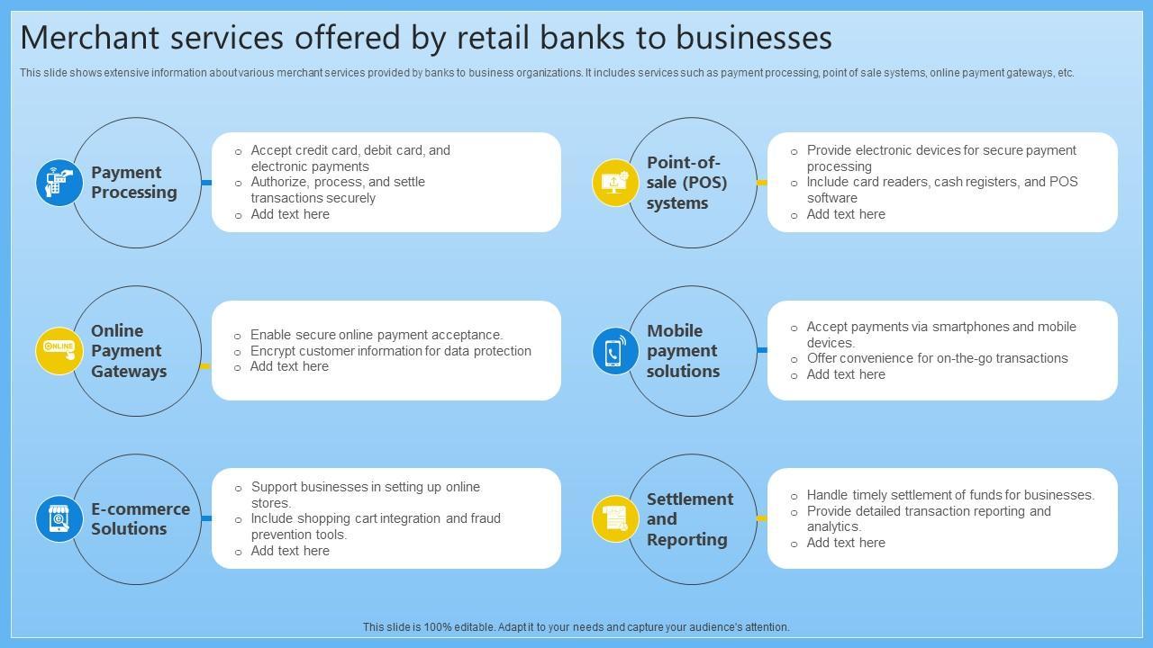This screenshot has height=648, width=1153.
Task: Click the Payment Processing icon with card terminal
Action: pyautogui.click(x=59, y=183)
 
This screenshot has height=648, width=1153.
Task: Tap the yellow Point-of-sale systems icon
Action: pyautogui.click(x=615, y=183)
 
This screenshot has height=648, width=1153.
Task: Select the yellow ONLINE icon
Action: pyautogui.click(x=59, y=350)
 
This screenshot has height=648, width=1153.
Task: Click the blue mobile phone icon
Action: pyautogui.click(x=615, y=350)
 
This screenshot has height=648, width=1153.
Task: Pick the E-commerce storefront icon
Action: pyautogui.click(x=59, y=518)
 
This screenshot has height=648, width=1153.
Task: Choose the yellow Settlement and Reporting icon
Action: pyautogui.click(x=615, y=518)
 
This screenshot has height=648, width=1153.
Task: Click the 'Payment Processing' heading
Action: pyautogui.click(x=134, y=183)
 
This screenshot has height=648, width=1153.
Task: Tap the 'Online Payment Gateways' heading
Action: pyautogui.click(x=129, y=351)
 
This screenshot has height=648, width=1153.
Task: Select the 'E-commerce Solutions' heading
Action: pyautogui.click(x=140, y=518)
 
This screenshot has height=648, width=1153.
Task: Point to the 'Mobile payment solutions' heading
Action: pyautogui.click(x=683, y=351)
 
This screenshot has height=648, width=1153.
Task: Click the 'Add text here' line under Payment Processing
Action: pyautogui.click(x=290, y=214)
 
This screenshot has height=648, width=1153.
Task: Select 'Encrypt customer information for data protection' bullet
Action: pyautogui.click(x=390, y=351)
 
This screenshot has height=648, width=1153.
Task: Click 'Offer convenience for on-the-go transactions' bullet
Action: pyautogui.click(x=937, y=358)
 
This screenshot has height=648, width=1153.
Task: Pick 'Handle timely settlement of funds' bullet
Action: pyautogui.click(x=950, y=495)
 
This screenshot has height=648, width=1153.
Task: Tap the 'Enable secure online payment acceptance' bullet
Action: pyautogui.click(x=377, y=335)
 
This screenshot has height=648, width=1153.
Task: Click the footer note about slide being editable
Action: pyautogui.click(x=576, y=627)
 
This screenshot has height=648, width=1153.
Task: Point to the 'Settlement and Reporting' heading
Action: pyautogui.click(x=689, y=519)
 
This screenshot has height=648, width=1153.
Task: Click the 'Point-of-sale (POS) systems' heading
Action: pyautogui.click(x=686, y=183)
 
